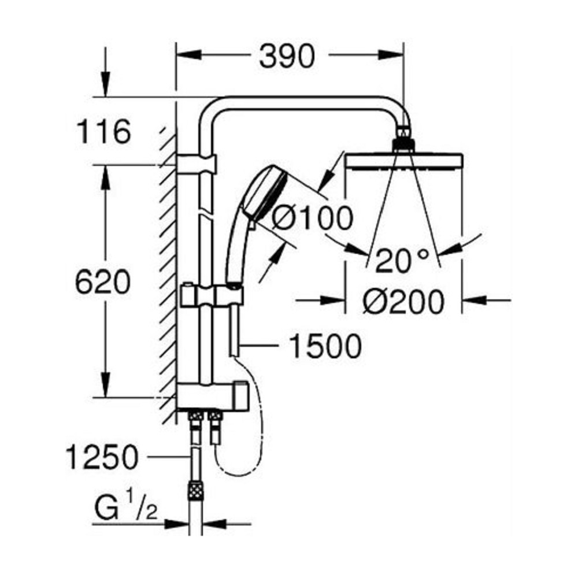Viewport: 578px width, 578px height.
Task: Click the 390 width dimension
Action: (x=287, y=57)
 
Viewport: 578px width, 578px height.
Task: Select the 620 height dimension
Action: (x=103, y=282)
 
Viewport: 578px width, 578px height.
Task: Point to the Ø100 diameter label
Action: (x=312, y=219)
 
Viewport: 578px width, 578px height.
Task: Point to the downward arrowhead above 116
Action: (x=105, y=87)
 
